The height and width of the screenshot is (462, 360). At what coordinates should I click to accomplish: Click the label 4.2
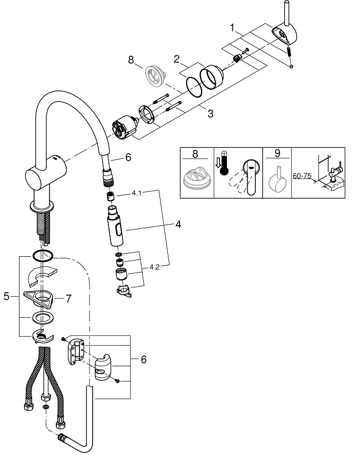(x=154, y=267)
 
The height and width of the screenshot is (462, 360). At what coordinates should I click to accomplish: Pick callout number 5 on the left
(x=7, y=297)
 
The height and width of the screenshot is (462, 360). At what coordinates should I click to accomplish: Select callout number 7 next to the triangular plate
(x=68, y=298)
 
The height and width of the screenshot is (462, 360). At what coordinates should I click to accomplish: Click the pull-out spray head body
(x=116, y=226)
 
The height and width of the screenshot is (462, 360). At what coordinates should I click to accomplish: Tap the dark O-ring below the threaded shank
(x=43, y=256)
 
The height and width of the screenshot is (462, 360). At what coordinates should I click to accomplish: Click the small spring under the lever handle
(x=288, y=52)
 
